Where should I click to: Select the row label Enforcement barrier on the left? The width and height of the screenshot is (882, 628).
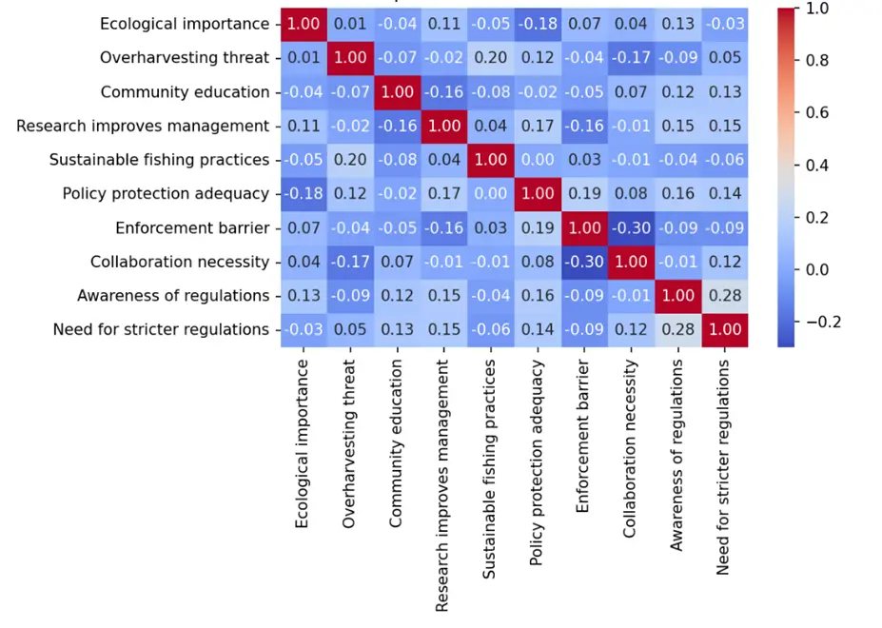click(192, 227)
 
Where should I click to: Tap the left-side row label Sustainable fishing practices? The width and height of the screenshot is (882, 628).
click(159, 160)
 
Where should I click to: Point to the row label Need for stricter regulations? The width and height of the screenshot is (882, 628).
click(161, 329)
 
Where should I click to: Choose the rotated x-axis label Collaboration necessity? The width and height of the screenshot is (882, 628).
click(631, 449)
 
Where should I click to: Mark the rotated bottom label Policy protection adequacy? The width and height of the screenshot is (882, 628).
click(537, 463)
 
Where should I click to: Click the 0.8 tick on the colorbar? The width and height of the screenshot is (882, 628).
click(817, 60)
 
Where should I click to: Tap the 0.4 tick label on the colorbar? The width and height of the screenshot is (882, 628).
click(817, 165)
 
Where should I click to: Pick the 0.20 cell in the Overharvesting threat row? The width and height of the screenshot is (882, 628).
click(491, 58)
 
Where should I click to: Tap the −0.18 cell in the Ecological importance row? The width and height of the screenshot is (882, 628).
click(538, 24)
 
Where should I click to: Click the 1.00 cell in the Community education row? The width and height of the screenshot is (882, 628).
click(398, 92)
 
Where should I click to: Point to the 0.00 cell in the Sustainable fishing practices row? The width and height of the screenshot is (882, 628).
click(538, 160)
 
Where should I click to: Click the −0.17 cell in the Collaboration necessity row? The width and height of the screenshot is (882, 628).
click(351, 262)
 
